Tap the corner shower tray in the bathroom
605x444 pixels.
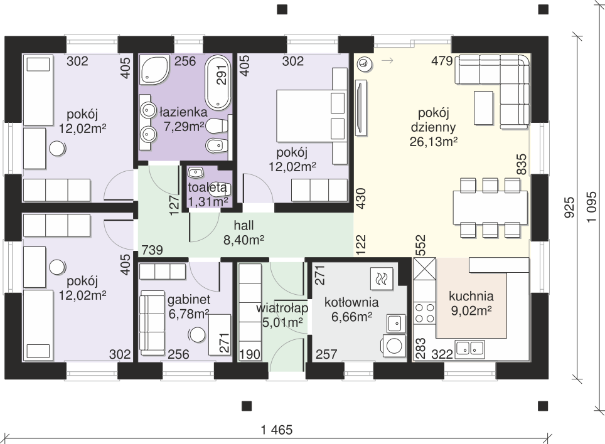tap(154, 70)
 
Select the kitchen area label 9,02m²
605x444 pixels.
tap(471, 310)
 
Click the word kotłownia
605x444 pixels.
tap(351, 302)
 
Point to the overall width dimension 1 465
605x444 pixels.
tap(277, 430)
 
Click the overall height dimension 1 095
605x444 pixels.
tap(591, 208)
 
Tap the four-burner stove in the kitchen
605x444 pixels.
tap(424, 313)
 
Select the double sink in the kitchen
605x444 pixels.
tap(469, 349)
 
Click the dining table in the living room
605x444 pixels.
tap(490, 207)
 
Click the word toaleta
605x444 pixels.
tap(207, 188)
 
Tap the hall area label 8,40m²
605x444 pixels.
tap(244, 240)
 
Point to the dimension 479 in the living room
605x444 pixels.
tap(442, 61)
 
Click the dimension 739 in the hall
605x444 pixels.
tap(152, 250)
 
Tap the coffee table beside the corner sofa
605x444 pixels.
tap(483, 108)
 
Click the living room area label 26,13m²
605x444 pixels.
tap(434, 142)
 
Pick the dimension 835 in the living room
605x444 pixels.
tap(522, 164)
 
